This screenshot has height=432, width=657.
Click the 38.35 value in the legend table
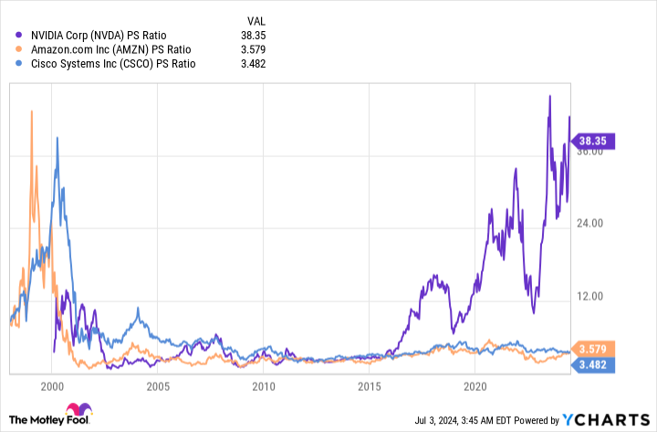259,35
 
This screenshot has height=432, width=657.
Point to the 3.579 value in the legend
259,49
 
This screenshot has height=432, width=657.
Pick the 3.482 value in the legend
259,64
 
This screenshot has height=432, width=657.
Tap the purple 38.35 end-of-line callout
595,141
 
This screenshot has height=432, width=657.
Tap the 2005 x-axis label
158,385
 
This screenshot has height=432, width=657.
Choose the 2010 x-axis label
264,385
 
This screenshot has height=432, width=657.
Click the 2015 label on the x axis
369,385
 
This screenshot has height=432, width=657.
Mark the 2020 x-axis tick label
474,385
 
